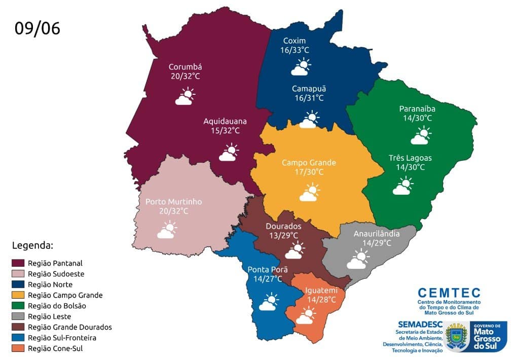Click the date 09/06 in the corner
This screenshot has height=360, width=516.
coord(37,28)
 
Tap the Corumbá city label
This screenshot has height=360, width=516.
coord(186,66)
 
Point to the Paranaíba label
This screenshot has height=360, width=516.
coord(417,109)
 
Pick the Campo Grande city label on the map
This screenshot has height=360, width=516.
coord(309,163)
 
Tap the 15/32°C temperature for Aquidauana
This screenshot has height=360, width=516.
coord(225,131)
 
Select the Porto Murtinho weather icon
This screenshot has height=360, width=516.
coord(167,230)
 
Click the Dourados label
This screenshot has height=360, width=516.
coord(283,226)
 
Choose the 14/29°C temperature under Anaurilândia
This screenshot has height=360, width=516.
coord(377,243)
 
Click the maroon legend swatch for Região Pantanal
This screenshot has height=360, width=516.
coord(18,263)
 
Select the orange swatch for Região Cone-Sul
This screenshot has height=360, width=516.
coord(18,348)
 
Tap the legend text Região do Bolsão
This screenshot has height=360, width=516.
coord(57,306)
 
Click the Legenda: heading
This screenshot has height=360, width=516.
coord(32,246)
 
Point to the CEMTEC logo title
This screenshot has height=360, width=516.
coord(449,293)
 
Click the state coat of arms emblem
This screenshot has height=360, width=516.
coord(457,336)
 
